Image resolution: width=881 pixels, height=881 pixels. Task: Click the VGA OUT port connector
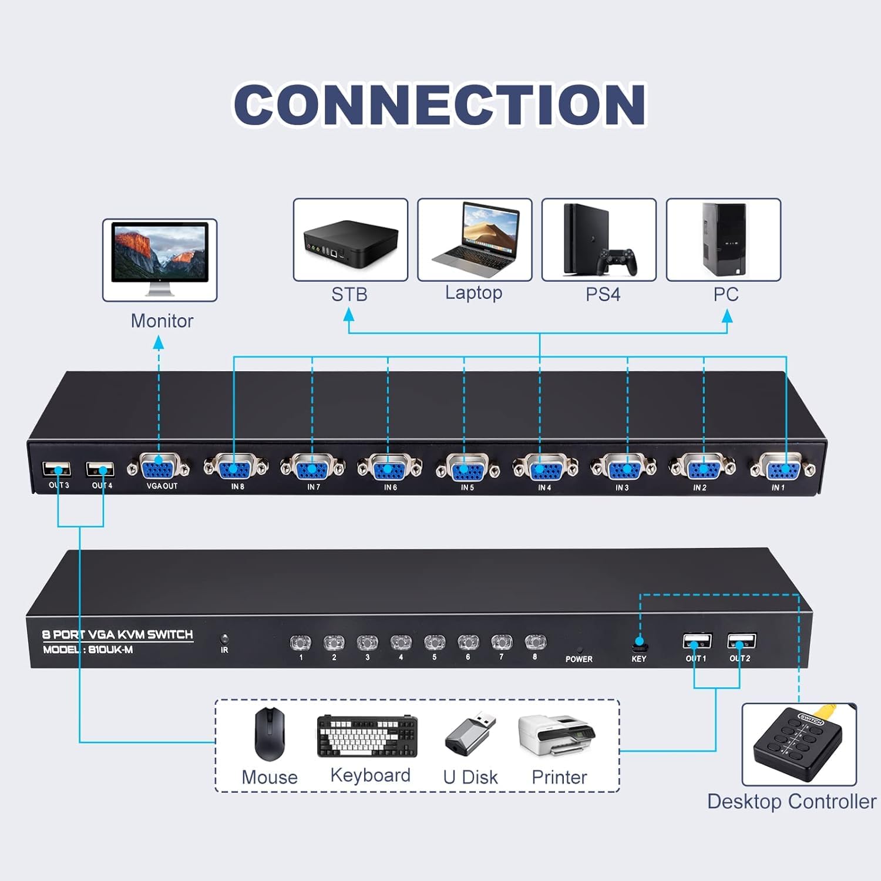pyautogui.click(x=159, y=468)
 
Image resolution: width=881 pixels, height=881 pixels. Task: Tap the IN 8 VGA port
pyautogui.click(x=235, y=468)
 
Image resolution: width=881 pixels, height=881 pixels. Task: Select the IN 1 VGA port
pyautogui.click(x=783, y=469)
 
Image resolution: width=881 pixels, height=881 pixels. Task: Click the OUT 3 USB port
pyautogui.click(x=57, y=469)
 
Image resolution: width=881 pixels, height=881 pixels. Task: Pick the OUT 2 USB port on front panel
pyautogui.click(x=741, y=641)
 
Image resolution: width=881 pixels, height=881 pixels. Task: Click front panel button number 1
pyautogui.click(x=300, y=643)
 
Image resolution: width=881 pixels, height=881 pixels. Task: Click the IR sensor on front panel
pyautogui.click(x=224, y=639)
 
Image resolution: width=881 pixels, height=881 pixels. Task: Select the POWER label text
pyautogui.click(x=579, y=659)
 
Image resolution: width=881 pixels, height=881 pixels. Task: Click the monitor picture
pyautogui.click(x=160, y=258)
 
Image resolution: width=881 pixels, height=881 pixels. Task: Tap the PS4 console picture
pyautogui.click(x=598, y=240)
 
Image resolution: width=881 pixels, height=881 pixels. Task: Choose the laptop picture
pyautogui.click(x=475, y=238)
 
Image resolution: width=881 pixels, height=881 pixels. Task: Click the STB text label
pyautogui.click(x=349, y=294)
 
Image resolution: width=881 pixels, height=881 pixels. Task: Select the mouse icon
pyautogui.click(x=270, y=734)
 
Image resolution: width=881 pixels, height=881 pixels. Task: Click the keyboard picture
pyautogui.click(x=367, y=736)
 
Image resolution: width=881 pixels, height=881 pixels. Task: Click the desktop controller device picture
pyautogui.click(x=798, y=744)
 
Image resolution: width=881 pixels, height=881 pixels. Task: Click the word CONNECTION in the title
pyautogui.click(x=440, y=105)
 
